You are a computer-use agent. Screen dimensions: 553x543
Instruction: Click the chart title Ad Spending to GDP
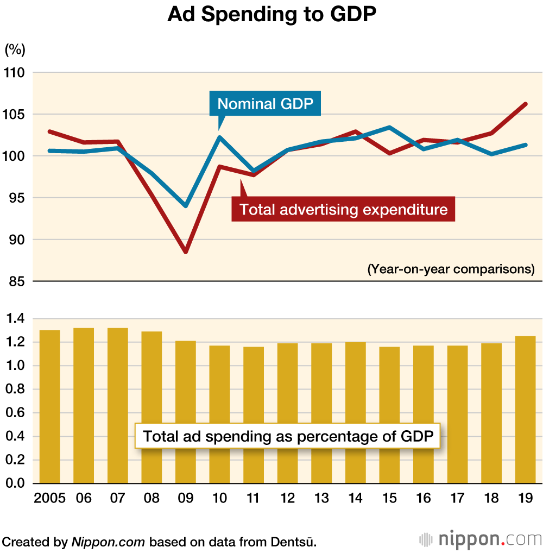(271, 15)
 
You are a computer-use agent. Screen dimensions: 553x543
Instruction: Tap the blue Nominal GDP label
(265, 104)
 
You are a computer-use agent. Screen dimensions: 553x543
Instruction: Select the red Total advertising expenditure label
(343, 210)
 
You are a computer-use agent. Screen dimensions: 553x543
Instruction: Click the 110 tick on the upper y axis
(15, 72)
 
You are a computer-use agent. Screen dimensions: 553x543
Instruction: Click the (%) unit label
(15, 50)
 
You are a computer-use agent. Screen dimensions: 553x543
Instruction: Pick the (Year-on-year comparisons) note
(451, 269)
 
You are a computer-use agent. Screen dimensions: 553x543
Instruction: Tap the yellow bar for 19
(525, 410)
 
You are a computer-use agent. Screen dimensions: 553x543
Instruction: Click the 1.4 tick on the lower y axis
(15, 318)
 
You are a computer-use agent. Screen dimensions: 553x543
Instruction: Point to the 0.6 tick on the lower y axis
(15, 413)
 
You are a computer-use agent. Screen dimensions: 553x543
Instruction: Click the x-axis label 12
(288, 498)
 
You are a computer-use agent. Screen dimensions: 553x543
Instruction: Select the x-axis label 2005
(49, 498)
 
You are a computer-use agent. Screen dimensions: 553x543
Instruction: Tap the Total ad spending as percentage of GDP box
(287, 437)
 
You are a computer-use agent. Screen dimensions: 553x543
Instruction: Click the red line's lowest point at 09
(186, 252)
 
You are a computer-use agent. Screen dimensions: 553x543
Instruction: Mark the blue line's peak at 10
(219, 137)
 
